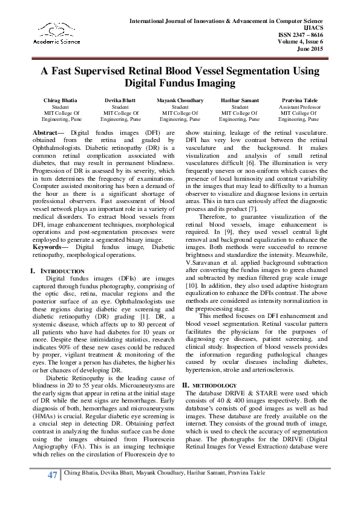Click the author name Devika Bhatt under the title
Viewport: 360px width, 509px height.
(x=120, y=100)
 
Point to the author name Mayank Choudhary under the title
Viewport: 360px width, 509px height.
(x=180, y=100)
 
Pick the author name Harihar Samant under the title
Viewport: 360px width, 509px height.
(x=240, y=100)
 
